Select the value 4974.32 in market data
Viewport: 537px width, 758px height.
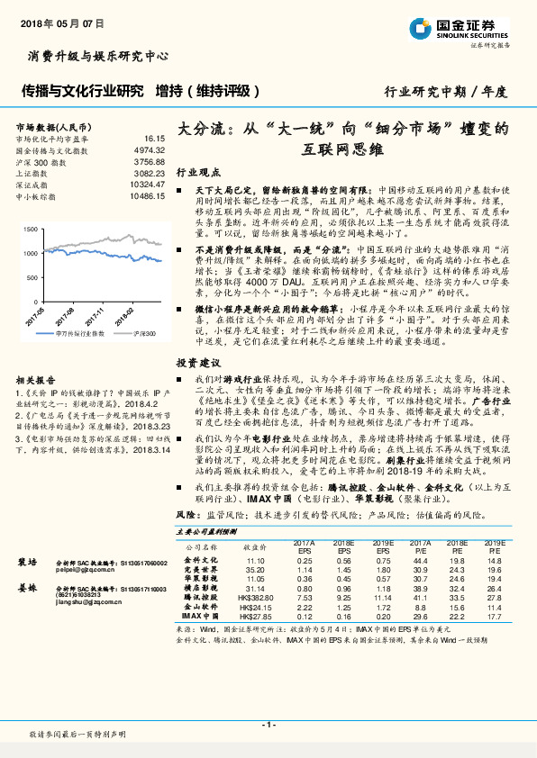tap(149, 149)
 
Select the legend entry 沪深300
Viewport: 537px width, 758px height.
tap(146, 333)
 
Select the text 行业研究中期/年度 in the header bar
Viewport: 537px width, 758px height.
tap(445, 91)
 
